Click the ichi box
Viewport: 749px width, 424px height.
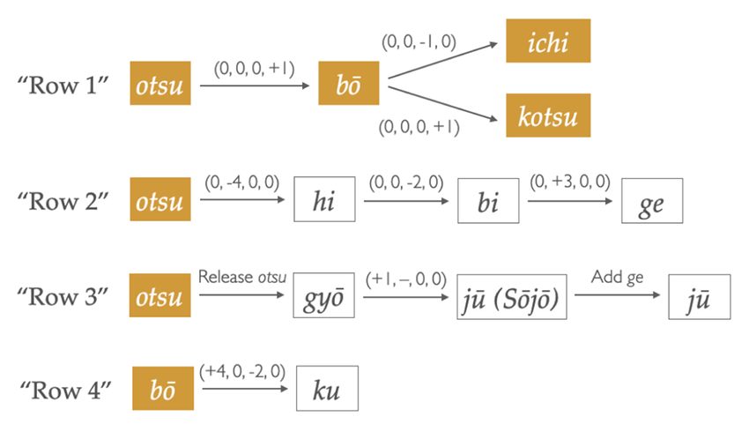click(x=547, y=41)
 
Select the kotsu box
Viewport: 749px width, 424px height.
click(x=547, y=115)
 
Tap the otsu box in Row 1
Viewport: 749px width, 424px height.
click(x=159, y=86)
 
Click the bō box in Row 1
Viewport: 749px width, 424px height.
click(x=350, y=86)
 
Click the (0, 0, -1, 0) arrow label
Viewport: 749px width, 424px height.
click(x=418, y=41)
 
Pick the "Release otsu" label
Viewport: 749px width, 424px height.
click(x=242, y=279)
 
